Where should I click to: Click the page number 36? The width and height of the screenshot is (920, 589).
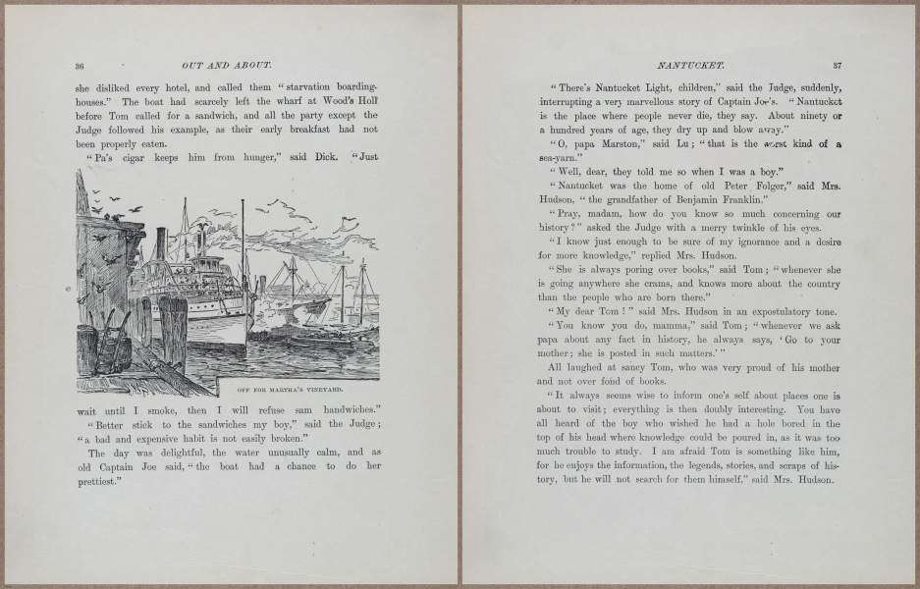(80, 66)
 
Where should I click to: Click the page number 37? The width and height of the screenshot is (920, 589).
(838, 66)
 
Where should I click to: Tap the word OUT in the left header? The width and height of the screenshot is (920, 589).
(193, 66)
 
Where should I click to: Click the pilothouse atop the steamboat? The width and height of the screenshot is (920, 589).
(207, 250)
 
